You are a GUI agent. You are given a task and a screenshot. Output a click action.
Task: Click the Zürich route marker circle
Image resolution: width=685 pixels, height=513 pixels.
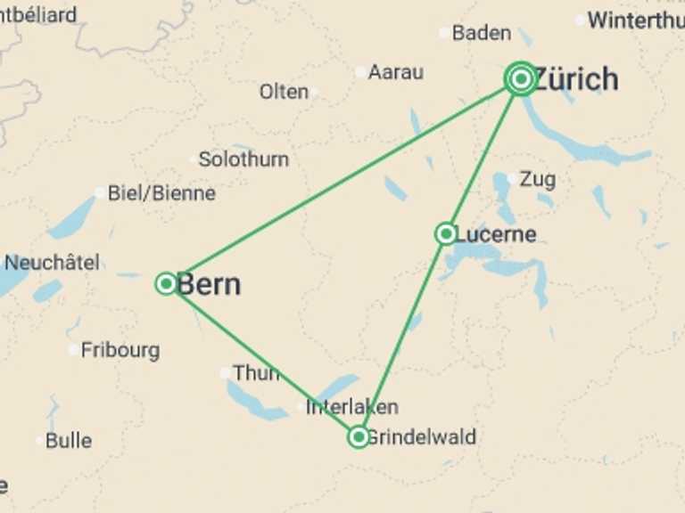(520, 79)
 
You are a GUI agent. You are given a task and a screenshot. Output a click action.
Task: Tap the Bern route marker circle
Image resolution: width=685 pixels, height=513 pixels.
(166, 283)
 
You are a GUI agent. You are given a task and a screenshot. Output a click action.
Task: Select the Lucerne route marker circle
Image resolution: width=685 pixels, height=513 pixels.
(446, 233)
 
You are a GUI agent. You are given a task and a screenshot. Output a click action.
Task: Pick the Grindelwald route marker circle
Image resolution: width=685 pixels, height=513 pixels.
(358, 436)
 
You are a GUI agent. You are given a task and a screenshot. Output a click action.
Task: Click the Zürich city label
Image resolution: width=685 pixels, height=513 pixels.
(577, 79)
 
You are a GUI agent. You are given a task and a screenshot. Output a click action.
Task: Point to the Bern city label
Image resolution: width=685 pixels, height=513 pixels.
(210, 284)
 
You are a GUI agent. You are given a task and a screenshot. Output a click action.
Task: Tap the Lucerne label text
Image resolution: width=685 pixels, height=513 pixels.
(496, 234)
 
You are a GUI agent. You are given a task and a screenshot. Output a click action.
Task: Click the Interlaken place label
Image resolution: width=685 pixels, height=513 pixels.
(352, 407)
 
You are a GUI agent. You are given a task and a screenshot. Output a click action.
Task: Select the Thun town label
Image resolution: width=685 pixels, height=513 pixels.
(256, 373)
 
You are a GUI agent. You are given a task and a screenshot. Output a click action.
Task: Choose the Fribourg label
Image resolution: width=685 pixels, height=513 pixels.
(120, 350)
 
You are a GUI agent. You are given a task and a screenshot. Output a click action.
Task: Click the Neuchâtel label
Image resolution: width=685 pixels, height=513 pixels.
(52, 264)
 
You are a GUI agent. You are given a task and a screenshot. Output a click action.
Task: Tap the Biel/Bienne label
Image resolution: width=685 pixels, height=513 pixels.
(161, 193)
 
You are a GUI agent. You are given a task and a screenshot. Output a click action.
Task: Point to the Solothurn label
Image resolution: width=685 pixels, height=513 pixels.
(243, 160)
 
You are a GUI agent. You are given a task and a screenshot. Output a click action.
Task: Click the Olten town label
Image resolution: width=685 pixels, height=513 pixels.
(284, 92)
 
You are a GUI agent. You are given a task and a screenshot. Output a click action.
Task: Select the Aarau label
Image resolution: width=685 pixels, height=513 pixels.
(395, 72)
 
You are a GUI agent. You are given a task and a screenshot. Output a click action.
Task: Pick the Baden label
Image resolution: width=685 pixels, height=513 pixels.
(482, 33)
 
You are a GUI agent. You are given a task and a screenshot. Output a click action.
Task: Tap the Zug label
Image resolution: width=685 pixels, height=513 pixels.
(537, 180)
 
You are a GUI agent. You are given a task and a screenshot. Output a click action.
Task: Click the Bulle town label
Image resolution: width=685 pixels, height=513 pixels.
(69, 441)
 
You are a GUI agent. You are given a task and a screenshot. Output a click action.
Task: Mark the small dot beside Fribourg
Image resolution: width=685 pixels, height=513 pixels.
(73, 350)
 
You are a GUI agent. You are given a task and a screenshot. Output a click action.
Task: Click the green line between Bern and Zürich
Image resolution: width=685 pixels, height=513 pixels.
(339, 183)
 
